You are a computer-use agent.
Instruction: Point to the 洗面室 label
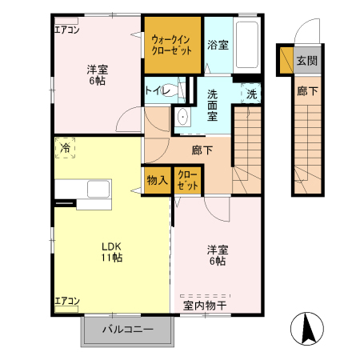[214, 103]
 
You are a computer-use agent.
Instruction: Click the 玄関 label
[306, 61]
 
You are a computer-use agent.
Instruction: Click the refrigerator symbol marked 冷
[64, 149]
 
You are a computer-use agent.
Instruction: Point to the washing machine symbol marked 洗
[251, 94]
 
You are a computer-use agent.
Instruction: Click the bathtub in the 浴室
[247, 45]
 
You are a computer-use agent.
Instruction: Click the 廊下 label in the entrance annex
[307, 92]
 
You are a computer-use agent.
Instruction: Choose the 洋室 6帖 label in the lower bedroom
[216, 254]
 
